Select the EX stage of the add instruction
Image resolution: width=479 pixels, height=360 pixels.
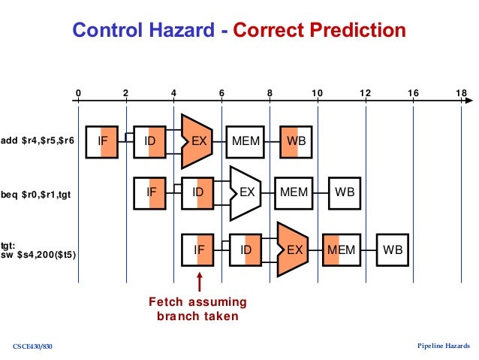pyautogui.click(x=198, y=141)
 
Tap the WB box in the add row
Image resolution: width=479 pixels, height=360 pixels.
pyautogui.click(x=295, y=141)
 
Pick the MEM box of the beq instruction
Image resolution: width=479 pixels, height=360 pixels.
pyautogui.click(x=294, y=192)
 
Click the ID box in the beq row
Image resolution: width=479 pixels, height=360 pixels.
pyautogui.click(x=198, y=192)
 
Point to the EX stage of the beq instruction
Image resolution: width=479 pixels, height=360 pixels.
pyautogui.click(x=246, y=192)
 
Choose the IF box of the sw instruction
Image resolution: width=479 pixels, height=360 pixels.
pyautogui.click(x=198, y=249)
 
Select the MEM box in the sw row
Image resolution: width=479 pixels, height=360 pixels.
pyautogui.click(x=342, y=249)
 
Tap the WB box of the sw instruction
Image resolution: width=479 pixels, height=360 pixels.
pyautogui.click(x=392, y=249)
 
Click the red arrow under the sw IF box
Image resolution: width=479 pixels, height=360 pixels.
pyautogui.click(x=199, y=283)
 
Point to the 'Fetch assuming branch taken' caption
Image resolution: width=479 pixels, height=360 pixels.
pyautogui.click(x=197, y=309)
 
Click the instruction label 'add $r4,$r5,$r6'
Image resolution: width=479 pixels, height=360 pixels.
pyautogui.click(x=38, y=141)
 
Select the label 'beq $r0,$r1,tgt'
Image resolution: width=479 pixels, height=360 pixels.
pyautogui.click(x=38, y=194)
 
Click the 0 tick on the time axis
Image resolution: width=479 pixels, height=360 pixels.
pyautogui.click(x=78, y=93)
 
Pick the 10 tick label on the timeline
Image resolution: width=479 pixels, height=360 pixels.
pyautogui.click(x=317, y=93)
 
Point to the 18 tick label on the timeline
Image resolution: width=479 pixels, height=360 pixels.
pyautogui.click(x=460, y=93)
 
